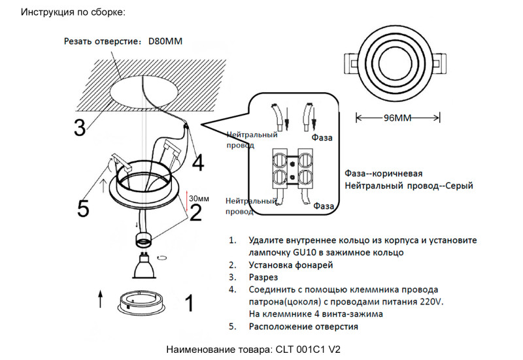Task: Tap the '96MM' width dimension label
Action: tap(397, 118)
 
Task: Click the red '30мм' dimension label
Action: tap(199, 197)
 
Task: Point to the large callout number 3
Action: tap(79, 127)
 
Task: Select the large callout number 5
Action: tap(83, 208)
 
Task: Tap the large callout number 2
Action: tap(195, 212)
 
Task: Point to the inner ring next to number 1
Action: tap(143, 303)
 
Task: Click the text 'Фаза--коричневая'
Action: tap(383, 174)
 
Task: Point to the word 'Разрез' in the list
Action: tap(264, 277)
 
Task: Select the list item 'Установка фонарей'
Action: tap(291, 265)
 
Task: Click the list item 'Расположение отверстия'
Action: tap(303, 326)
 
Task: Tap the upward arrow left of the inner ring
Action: tap(99, 299)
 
